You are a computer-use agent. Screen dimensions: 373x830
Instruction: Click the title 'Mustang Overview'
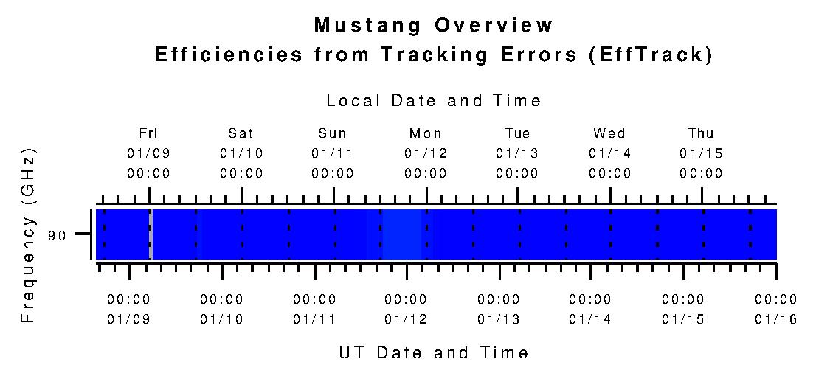click(x=433, y=25)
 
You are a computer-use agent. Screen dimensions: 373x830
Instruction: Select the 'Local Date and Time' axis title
click(x=434, y=101)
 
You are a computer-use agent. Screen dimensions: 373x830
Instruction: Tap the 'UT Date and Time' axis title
click(x=434, y=352)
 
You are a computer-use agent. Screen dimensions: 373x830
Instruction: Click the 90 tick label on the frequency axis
click(x=57, y=236)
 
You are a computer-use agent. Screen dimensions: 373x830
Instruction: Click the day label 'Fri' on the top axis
click(x=149, y=133)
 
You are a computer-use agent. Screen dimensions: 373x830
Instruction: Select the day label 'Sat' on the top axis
click(x=241, y=133)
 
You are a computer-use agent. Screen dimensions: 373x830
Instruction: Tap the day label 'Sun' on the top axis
click(x=333, y=133)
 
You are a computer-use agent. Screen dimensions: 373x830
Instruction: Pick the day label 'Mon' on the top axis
click(x=426, y=133)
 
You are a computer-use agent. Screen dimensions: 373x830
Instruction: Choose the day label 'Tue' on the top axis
click(x=517, y=133)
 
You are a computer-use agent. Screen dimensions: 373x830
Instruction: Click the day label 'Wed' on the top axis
click(x=609, y=133)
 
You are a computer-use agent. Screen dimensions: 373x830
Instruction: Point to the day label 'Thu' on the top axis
click(x=701, y=133)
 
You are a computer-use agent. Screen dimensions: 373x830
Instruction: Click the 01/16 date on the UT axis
click(x=775, y=319)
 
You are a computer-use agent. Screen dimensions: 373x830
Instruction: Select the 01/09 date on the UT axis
click(x=128, y=319)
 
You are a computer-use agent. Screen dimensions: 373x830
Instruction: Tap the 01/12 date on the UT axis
click(x=406, y=319)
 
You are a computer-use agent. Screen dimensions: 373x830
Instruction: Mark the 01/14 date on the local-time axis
click(x=609, y=153)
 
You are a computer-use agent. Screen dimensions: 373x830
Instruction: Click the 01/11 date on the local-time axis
click(x=333, y=153)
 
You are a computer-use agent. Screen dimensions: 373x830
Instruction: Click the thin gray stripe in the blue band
click(x=151, y=234)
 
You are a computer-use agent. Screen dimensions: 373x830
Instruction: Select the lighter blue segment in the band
click(x=401, y=234)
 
